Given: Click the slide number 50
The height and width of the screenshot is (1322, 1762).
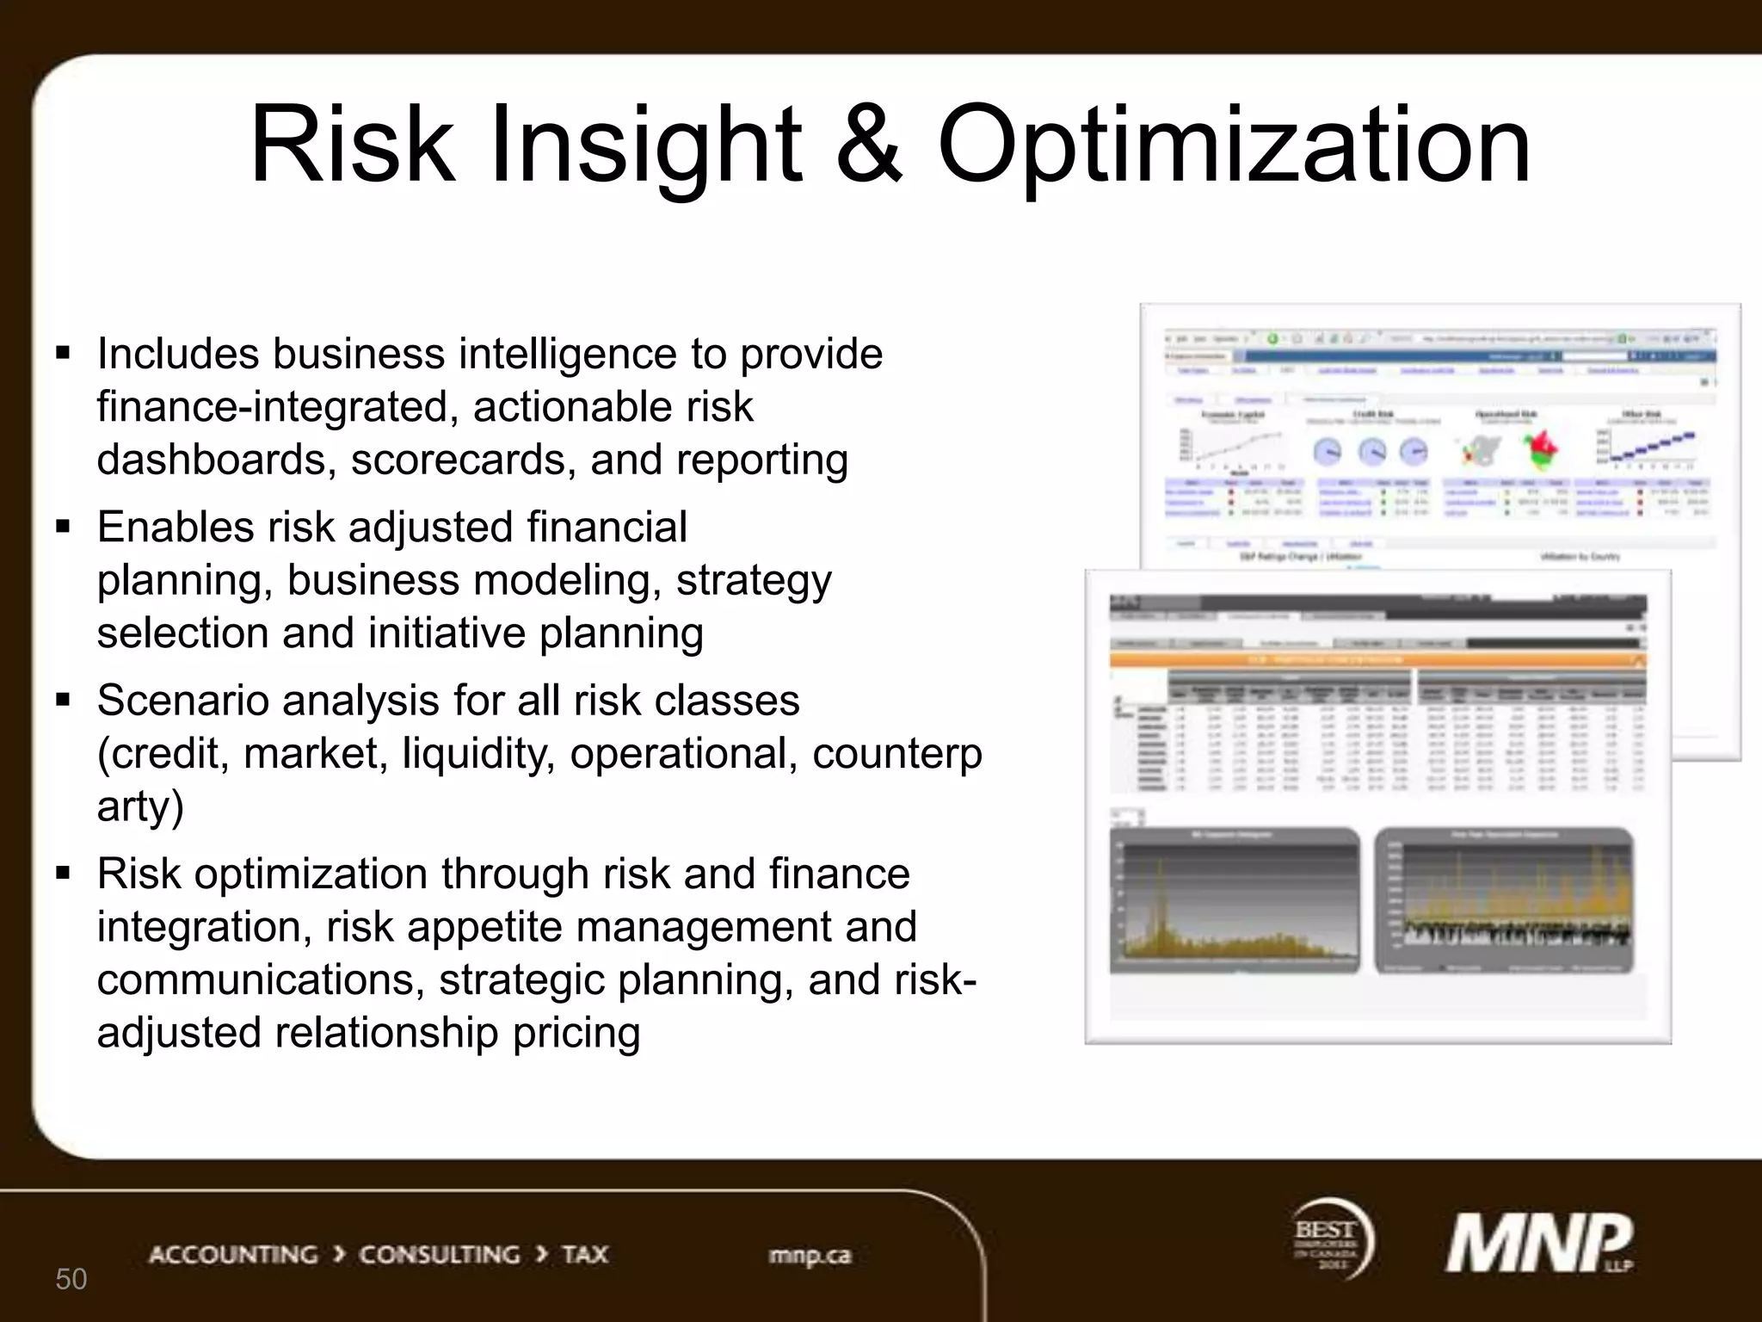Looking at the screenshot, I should pyautogui.click(x=71, y=1279).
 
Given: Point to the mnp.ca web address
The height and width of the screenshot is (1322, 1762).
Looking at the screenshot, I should pyautogui.click(x=810, y=1255).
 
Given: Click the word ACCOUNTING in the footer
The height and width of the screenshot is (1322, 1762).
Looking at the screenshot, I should pyautogui.click(x=233, y=1254).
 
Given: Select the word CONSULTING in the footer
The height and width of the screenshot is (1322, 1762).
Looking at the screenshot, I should pyautogui.click(x=439, y=1254).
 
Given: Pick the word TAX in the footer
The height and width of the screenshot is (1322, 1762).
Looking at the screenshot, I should pyautogui.click(x=585, y=1254).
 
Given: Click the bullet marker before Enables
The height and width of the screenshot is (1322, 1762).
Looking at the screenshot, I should pyautogui.click(x=63, y=526).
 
